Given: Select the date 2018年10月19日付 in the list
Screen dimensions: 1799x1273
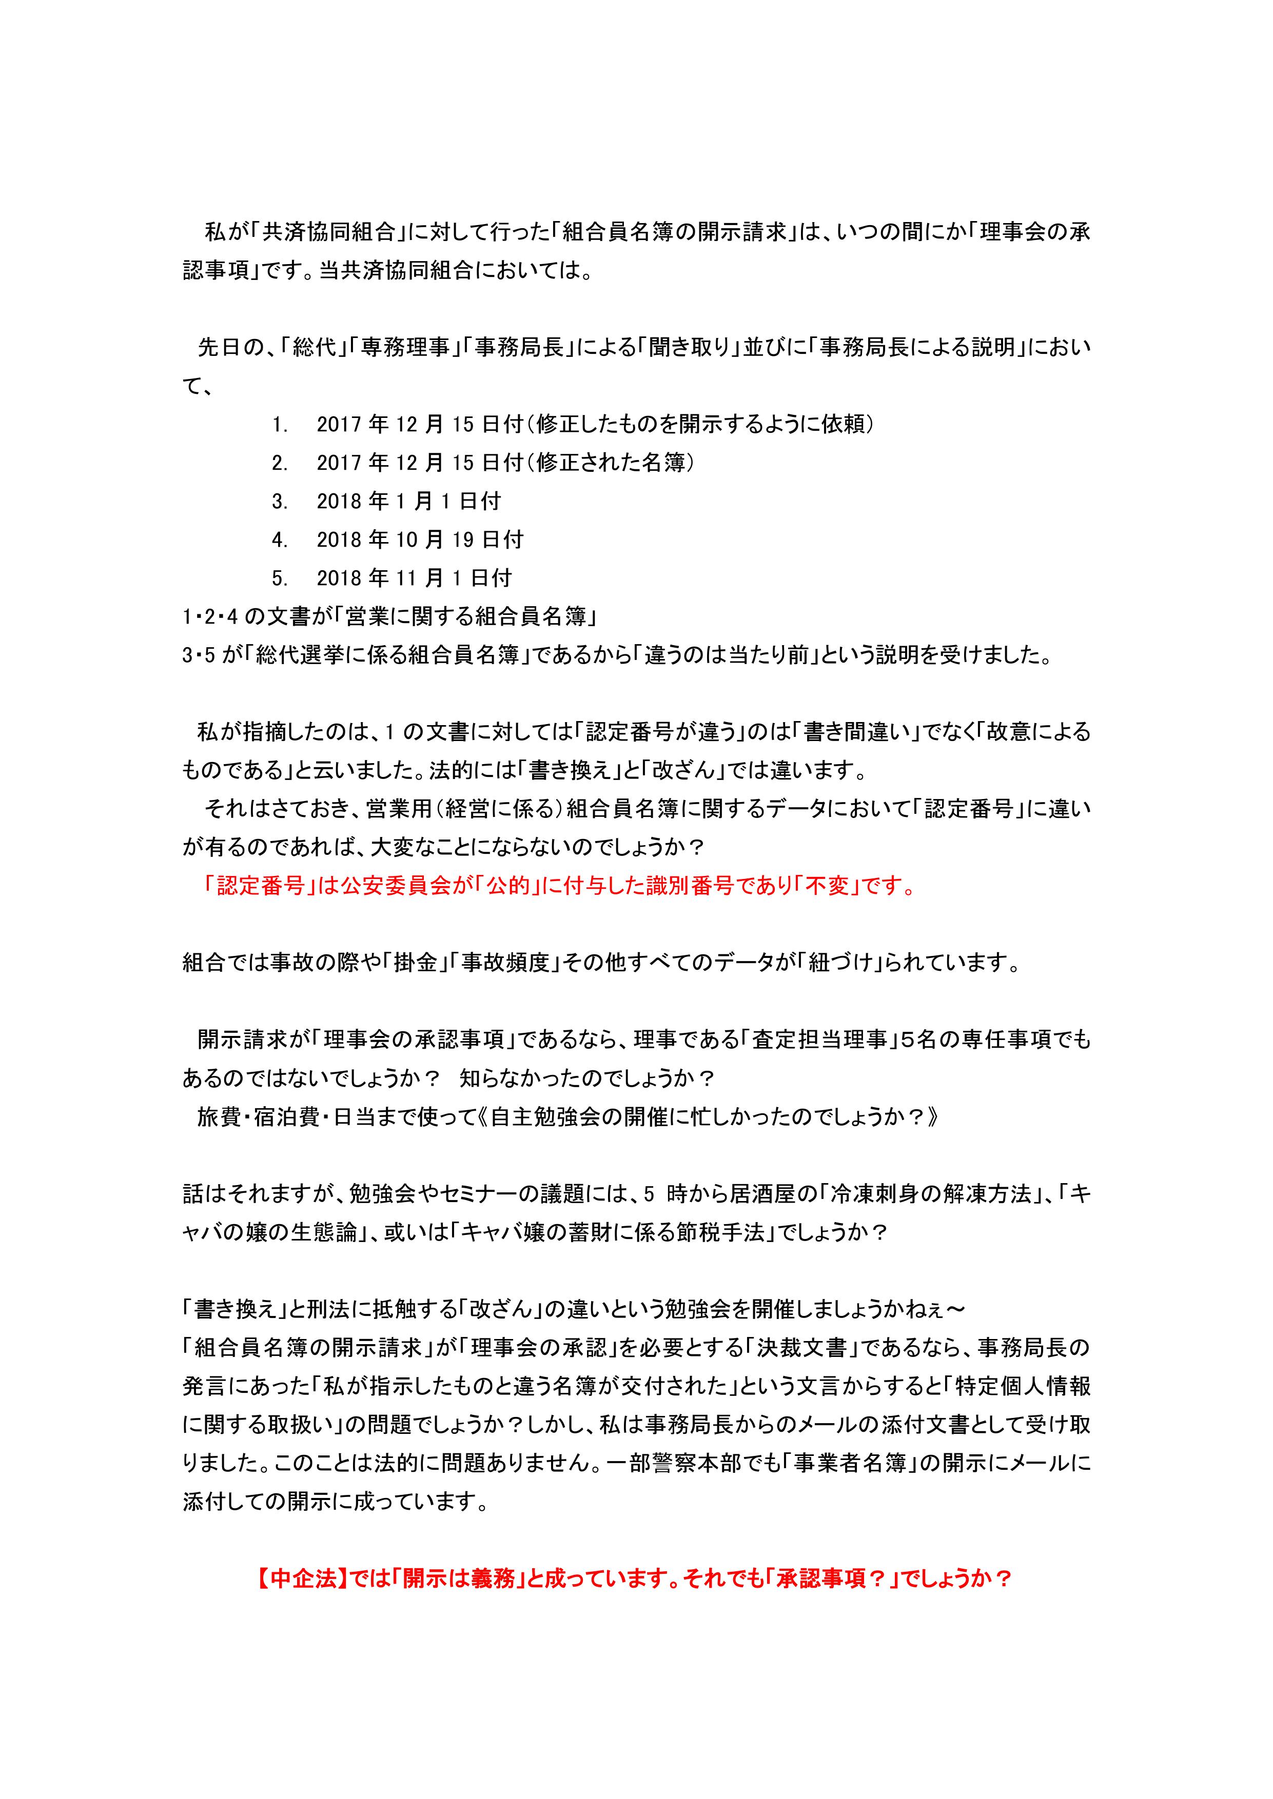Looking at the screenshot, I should click(x=419, y=540).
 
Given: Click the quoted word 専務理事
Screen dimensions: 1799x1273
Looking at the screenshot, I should click(x=409, y=348).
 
